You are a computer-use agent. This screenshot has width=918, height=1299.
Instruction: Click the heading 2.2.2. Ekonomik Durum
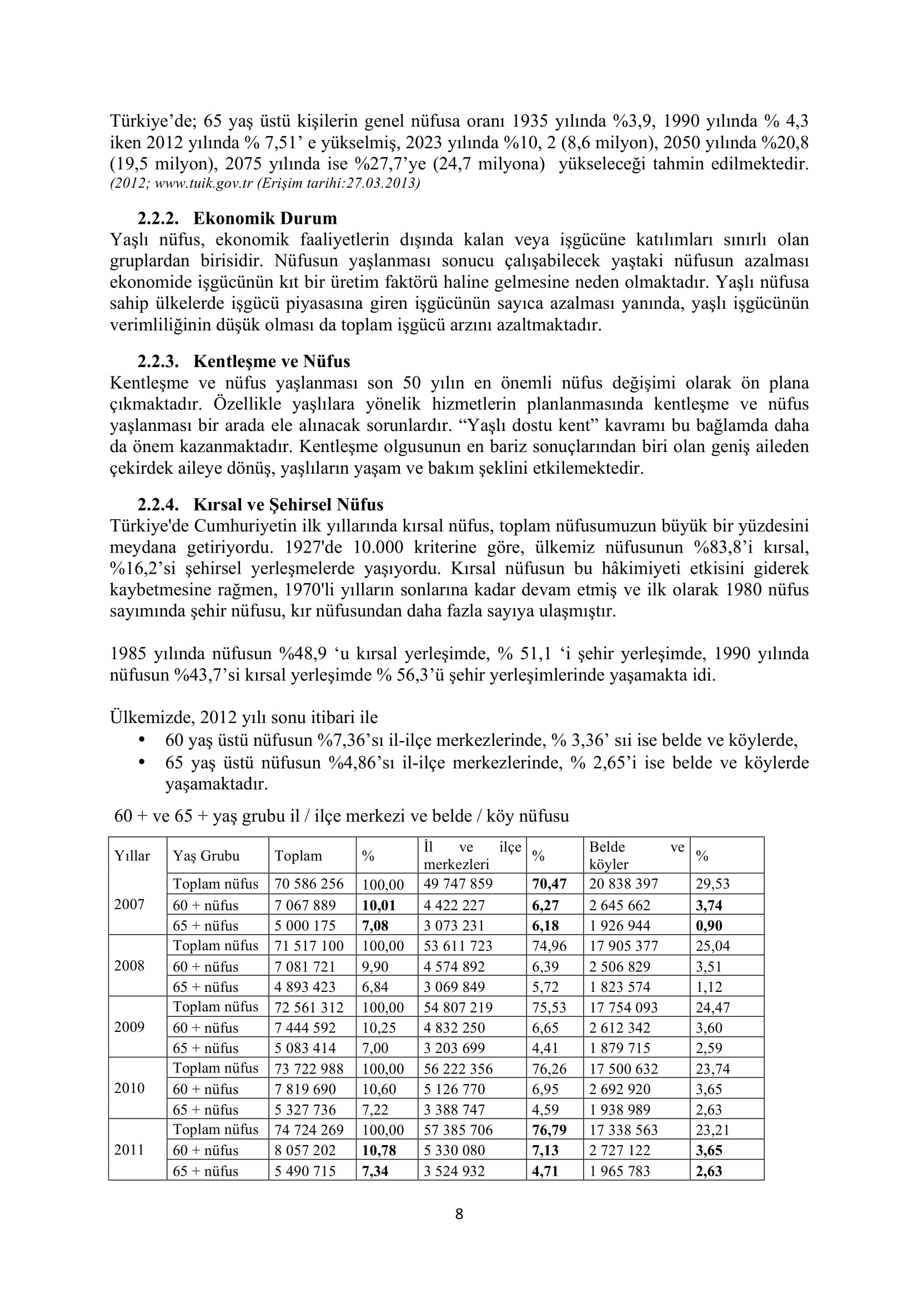[237, 218]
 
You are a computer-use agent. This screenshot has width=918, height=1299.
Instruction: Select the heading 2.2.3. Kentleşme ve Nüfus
[243, 362]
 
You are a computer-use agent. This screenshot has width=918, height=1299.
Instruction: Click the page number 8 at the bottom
[459, 1214]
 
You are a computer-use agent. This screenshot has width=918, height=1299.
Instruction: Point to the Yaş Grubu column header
[206, 856]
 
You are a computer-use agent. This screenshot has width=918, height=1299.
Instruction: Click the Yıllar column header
[132, 856]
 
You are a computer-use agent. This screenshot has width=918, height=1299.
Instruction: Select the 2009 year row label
[129, 1027]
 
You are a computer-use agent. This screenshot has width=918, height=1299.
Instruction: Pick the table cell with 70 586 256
[309, 884]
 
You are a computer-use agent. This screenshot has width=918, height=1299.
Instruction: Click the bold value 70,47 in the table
[549, 884]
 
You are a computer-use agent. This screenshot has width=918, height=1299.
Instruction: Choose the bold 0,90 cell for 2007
[709, 926]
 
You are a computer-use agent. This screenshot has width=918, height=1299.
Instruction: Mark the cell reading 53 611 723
[458, 946]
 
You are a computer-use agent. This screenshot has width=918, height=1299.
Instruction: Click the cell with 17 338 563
[623, 1130]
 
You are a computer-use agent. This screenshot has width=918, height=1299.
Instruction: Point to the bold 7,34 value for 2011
[375, 1171]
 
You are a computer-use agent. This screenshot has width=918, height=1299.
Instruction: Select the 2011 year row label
[129, 1150]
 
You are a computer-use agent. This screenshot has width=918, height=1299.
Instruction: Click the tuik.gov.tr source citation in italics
[265, 184]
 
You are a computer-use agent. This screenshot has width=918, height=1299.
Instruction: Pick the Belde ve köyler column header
[636, 855]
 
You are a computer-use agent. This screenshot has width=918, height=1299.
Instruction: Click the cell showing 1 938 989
[619, 1110]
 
